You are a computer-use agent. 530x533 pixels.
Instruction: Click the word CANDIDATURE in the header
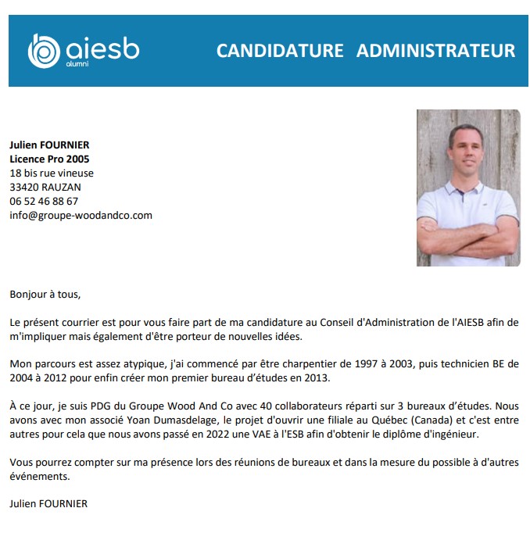[x=280, y=51]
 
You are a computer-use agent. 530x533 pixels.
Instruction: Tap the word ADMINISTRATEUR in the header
[x=435, y=51]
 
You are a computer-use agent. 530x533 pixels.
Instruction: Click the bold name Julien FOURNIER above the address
[x=49, y=145]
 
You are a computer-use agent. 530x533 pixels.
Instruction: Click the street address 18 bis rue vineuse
[x=52, y=173]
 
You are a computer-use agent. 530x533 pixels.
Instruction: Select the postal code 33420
[x=23, y=187]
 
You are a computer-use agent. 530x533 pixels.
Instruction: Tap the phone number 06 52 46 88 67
[x=44, y=201]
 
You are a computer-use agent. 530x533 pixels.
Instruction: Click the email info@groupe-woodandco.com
[x=81, y=215]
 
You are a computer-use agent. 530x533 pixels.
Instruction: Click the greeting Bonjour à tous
[x=45, y=295]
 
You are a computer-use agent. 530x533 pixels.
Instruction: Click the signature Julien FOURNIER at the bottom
[x=48, y=503]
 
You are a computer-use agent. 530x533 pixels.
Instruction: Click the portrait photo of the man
[x=468, y=188]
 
